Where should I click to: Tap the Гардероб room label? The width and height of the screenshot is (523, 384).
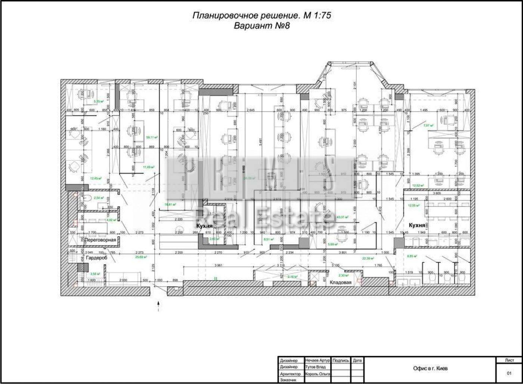pyautogui.click(x=96, y=258)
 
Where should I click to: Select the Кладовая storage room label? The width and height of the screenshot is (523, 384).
pyautogui.click(x=340, y=282)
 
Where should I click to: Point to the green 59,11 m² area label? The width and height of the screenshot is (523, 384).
pyautogui.click(x=152, y=137)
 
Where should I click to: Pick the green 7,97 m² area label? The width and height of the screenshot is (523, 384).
pyautogui.click(x=428, y=126)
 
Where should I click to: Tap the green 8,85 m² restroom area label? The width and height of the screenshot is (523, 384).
pyautogui.click(x=411, y=256)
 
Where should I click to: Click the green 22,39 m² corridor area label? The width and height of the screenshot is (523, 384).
pyautogui.click(x=368, y=258)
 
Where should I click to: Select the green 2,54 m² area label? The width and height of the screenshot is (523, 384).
pyautogui.click(x=99, y=198)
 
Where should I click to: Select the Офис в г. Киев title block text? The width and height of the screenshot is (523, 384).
pyautogui.click(x=430, y=368)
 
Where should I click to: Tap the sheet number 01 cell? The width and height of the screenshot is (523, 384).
pyautogui.click(x=509, y=373)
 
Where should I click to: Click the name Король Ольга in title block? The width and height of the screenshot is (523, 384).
pyautogui.click(x=317, y=374)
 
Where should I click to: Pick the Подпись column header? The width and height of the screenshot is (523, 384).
pyautogui.click(x=340, y=360)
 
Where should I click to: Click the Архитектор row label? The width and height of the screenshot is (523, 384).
pyautogui.click(x=290, y=374)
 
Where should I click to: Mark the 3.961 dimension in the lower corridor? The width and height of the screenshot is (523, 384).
pyautogui.click(x=222, y=265)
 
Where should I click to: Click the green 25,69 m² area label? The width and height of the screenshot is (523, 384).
pyautogui.click(x=141, y=257)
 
